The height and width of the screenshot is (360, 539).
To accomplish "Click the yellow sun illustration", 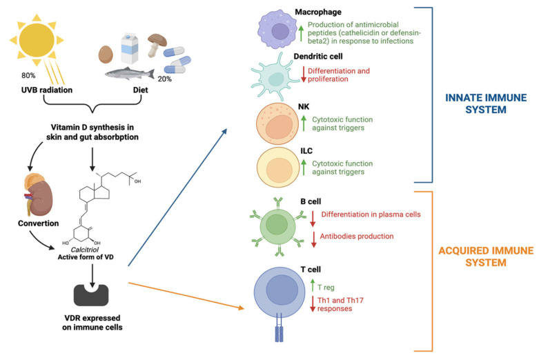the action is click(x=37, y=40).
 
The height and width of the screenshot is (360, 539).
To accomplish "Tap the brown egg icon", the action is click(x=106, y=54).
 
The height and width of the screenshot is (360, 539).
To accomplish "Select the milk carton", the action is click(x=130, y=48).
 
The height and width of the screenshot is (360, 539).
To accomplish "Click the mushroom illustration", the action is click(x=155, y=45).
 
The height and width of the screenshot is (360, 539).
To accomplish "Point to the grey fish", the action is click(x=130, y=74).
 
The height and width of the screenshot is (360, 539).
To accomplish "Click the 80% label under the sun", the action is click(x=28, y=76).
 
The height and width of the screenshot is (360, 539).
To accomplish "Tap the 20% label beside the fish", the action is click(x=165, y=79).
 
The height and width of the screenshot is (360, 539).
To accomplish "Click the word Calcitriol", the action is click(x=85, y=250).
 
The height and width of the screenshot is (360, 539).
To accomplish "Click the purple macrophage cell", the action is click(x=277, y=30).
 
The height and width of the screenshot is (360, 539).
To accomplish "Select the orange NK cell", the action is click(x=277, y=123).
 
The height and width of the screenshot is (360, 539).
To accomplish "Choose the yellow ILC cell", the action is click(x=278, y=168).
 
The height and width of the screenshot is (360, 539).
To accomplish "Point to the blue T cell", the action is click(x=280, y=292).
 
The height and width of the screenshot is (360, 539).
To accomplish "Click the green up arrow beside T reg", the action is click(x=313, y=286).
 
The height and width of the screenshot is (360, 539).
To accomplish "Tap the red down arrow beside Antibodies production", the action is click(x=314, y=239).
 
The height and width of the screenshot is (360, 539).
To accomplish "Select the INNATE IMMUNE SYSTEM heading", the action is click(x=486, y=103).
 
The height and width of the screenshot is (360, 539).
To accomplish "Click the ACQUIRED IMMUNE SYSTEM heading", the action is click(x=486, y=257).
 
